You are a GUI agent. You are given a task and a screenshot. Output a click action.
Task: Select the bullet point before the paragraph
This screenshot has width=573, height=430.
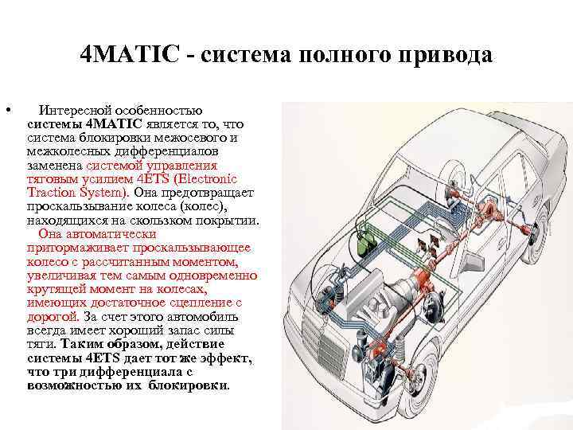6,109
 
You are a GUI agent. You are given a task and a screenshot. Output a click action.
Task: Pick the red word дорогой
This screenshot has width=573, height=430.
50,315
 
